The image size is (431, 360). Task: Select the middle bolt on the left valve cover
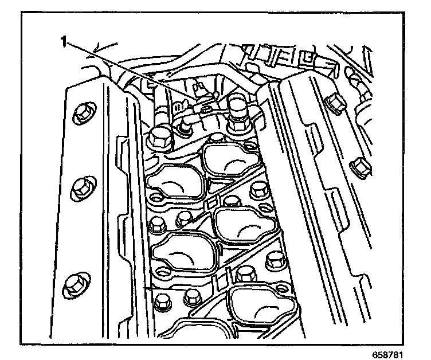tap(82, 187)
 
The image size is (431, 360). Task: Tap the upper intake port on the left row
tap(175, 183)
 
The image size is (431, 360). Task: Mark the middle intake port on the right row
tap(243, 225)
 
